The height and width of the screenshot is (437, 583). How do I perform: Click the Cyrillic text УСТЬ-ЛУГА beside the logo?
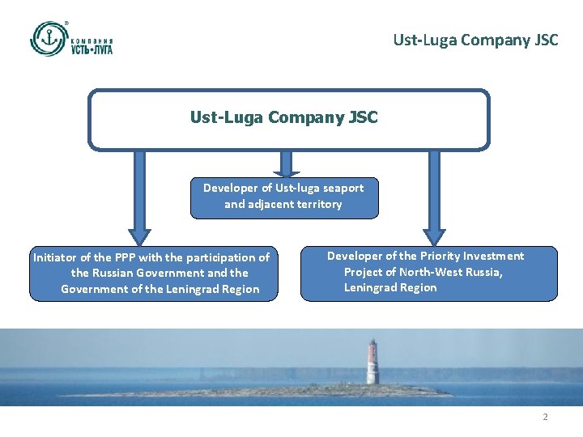91,49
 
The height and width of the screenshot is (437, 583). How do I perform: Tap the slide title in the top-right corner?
475,39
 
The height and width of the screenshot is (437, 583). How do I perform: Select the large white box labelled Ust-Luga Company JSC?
288,119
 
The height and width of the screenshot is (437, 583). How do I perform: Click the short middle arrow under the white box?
284,164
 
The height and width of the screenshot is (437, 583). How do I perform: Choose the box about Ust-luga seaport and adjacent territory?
283,197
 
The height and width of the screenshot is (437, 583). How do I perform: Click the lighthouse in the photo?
372,362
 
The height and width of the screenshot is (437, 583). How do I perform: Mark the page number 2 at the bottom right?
545,417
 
